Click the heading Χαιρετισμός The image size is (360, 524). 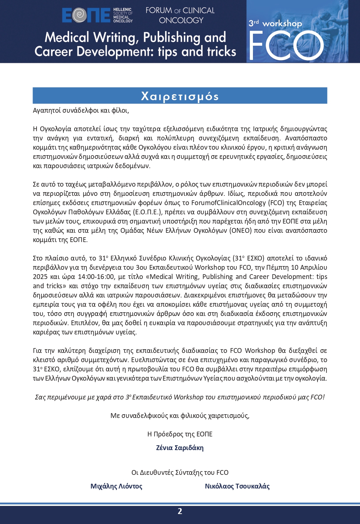pos(180,96)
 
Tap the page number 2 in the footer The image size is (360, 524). pos(180,511)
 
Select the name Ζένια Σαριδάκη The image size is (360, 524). pos(180,448)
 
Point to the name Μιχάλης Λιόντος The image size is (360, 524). pos(116,486)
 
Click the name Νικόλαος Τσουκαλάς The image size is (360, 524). pos(237,486)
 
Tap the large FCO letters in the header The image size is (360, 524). pos(286,45)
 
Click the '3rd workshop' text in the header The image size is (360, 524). pos(275,23)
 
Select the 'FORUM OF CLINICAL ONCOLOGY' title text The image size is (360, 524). pos(180,15)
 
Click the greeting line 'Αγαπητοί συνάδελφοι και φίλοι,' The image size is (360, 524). pos(81,110)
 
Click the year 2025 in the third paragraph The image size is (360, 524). pos(40,277)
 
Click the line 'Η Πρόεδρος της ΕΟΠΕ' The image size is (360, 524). pos(180,434)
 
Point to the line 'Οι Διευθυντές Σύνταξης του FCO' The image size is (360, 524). pos(180,473)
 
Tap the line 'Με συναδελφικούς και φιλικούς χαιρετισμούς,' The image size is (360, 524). pos(180,416)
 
